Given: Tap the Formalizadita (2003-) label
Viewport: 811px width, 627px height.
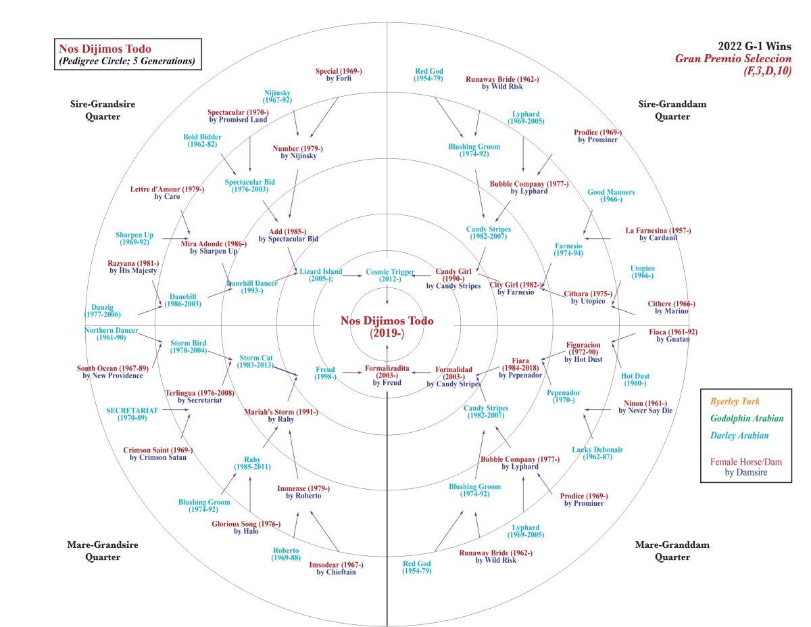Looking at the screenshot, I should [387, 375].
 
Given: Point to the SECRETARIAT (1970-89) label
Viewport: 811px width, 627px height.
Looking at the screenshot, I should [132, 414].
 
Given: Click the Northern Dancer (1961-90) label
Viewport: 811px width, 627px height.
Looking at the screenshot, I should [112, 334].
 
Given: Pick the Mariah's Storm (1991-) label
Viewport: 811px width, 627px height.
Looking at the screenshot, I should [281, 415].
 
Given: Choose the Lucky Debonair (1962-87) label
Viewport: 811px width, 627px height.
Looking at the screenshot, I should [597, 453].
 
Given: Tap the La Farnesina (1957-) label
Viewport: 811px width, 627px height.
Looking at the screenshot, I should [658, 234].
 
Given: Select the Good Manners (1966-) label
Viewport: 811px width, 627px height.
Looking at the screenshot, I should [611, 195].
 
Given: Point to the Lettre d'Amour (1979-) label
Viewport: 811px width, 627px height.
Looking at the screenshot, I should [167, 193].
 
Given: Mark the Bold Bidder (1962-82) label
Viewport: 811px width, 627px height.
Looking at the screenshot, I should [202, 141].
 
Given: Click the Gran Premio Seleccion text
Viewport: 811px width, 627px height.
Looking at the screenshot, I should [733, 58].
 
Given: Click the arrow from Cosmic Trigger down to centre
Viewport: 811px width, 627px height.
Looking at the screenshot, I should [387, 296].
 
